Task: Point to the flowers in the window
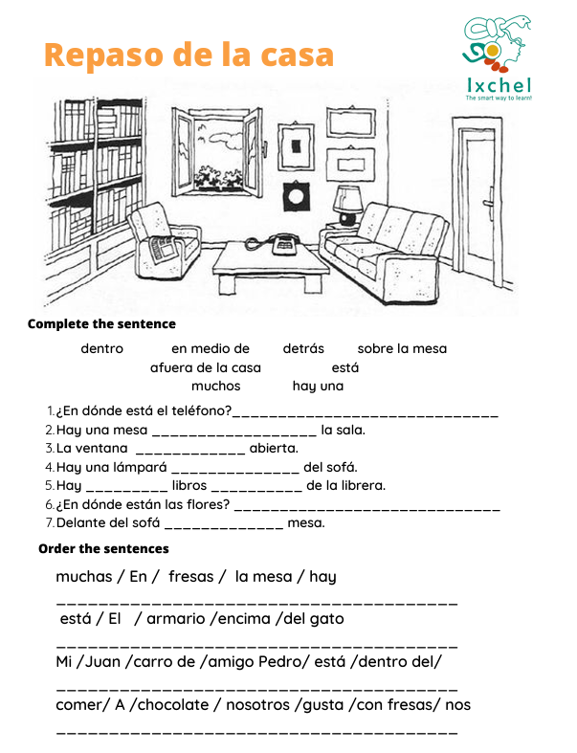tap(216, 177)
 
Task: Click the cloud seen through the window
tap(224, 140)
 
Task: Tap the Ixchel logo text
tap(499, 84)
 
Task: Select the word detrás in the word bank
tap(303, 348)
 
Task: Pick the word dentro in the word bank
tap(101, 348)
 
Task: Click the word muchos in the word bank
tap(216, 387)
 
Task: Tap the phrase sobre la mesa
tap(402, 348)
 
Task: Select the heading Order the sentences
tap(103, 548)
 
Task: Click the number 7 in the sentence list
tap(49, 523)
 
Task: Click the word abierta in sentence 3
tap(274, 448)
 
